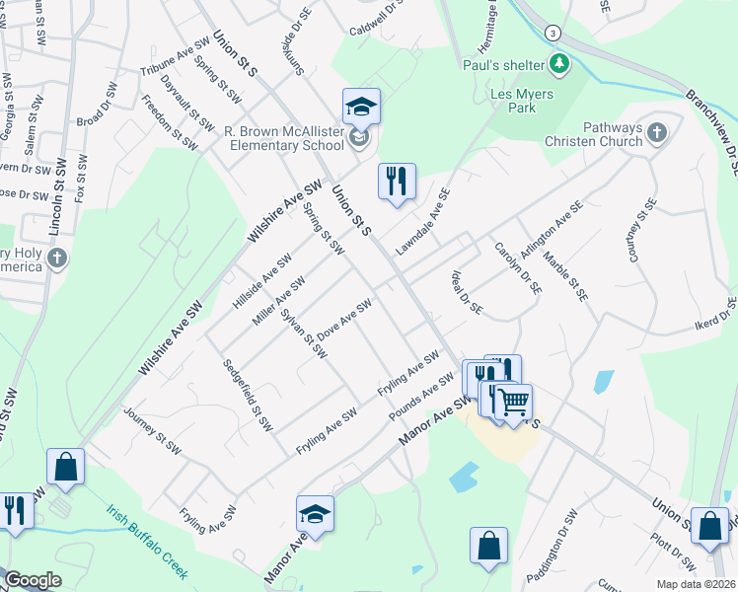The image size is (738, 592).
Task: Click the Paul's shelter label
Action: point(503,65)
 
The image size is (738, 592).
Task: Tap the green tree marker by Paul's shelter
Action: point(561,65)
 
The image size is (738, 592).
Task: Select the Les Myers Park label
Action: point(522,101)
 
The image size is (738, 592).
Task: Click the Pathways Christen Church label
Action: point(592,134)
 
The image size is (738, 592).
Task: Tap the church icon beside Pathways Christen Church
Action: point(656,131)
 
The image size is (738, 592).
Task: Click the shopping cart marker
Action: point(513,402)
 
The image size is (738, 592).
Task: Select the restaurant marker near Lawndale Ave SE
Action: point(397,182)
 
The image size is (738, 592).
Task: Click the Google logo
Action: point(32,580)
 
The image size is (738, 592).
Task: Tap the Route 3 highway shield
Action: point(555,33)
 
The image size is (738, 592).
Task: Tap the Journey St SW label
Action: point(152,432)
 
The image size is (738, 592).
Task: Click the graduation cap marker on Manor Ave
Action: point(315,514)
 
